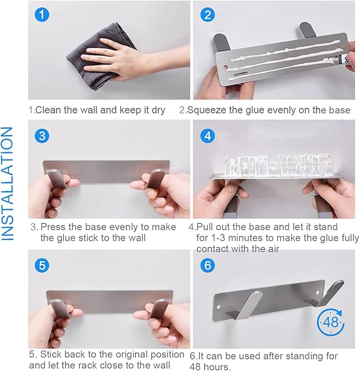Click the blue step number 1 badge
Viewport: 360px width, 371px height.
pyautogui.click(x=42, y=15)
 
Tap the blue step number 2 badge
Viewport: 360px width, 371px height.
pyautogui.click(x=208, y=15)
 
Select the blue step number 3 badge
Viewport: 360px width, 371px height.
pyautogui.click(x=42, y=136)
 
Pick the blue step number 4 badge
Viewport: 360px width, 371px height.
pyautogui.click(x=208, y=136)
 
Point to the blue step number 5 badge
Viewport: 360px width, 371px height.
pyautogui.click(x=42, y=265)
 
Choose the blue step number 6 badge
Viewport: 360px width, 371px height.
pyautogui.click(x=208, y=265)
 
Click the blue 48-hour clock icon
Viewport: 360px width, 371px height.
pyautogui.click(x=330, y=322)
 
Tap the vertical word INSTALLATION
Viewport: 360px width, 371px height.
pyautogui.click(x=7, y=184)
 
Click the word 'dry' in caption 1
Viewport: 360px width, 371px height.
pyautogui.click(x=158, y=110)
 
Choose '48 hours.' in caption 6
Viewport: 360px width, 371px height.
pyautogui.click(x=210, y=367)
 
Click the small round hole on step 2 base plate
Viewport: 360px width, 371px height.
pyautogui.click(x=225, y=67)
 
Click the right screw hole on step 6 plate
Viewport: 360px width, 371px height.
pyautogui.click(x=318, y=293)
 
